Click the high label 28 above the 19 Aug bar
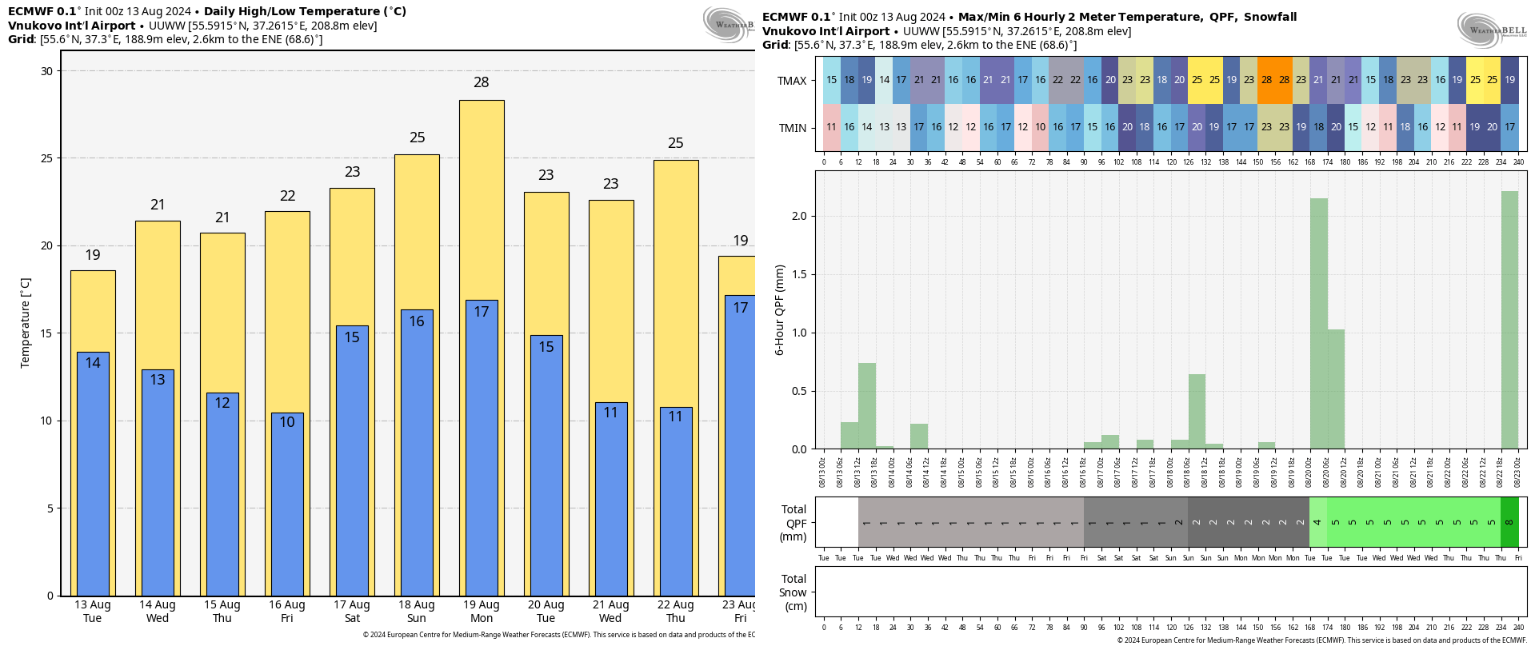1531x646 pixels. coord(481,82)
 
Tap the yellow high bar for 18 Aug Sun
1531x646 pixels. coord(417,232)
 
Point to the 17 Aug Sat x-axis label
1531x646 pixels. coord(352,612)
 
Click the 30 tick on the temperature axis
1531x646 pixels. coord(47,71)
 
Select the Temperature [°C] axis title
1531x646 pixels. coord(25,323)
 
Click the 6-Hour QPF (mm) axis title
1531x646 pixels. coord(779,309)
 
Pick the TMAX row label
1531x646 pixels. coord(792,81)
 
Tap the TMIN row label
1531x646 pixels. coord(792,128)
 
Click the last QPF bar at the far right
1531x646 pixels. coord(1509,320)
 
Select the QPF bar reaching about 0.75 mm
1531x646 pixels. coord(867,406)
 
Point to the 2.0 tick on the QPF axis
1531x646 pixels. coord(798,216)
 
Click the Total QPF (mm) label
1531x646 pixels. coord(793,523)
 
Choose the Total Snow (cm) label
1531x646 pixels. coord(793,592)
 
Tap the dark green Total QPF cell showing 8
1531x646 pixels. coord(1509,522)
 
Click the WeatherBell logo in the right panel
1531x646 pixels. coord(1491,31)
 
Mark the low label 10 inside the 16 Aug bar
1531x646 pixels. coord(287,422)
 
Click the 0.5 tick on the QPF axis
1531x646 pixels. coord(798,391)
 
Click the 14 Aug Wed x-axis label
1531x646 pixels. coord(158,612)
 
